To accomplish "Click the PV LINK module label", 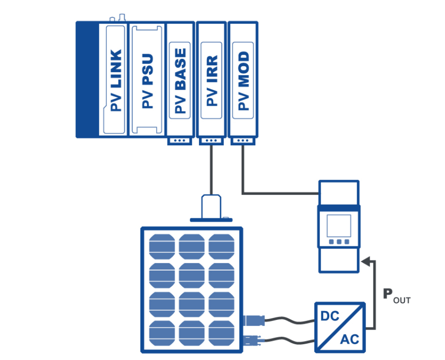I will [x=116, y=80].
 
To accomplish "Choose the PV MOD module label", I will [x=243, y=80].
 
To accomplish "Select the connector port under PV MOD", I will [x=243, y=141].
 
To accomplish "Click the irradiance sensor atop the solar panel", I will [x=211, y=207].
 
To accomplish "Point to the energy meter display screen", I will [x=339, y=225].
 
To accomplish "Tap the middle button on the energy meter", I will [x=339, y=243].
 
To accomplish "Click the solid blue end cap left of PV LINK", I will [x=87, y=80].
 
